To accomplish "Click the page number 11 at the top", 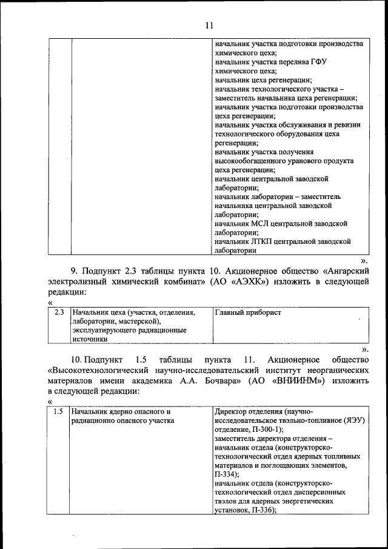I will pos(210,25).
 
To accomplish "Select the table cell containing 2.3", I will pos(59,313).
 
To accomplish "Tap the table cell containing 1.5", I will pos(58,412).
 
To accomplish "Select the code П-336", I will pos(261,511).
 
